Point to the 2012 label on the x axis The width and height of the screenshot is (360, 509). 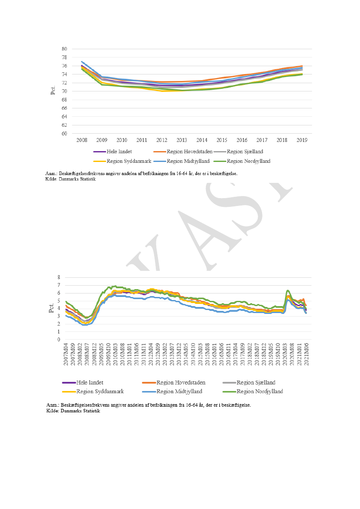click(162, 141)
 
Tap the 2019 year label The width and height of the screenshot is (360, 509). click(303, 141)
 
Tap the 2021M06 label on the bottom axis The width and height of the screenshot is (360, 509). click(306, 356)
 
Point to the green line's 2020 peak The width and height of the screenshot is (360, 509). click(288, 290)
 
